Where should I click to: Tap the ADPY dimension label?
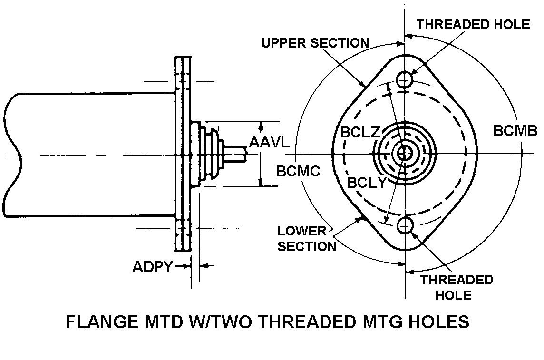pos(152,267)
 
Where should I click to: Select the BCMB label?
pos(515,131)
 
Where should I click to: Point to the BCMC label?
pos(298,171)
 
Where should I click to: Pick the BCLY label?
pos(366,183)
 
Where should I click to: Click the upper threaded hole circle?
pos(405,79)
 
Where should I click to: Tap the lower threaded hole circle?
pos(405,224)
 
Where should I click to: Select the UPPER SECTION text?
pos(315,43)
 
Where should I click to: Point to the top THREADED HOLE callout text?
pos(473,24)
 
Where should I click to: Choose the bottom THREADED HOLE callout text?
pos(456,287)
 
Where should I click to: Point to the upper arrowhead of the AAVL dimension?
pos(260,125)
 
